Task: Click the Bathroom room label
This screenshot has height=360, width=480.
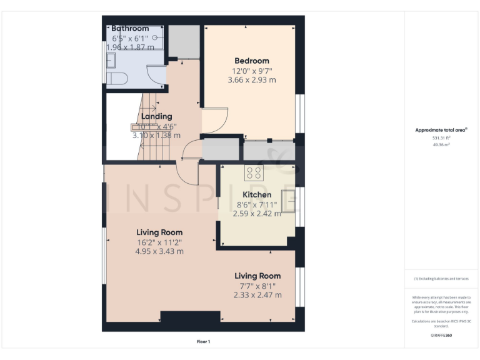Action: click(130, 28)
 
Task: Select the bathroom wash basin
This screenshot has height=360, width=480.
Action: click(111, 61)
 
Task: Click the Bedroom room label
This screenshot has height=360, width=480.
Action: click(252, 61)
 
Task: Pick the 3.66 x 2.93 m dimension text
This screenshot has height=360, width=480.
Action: click(252, 80)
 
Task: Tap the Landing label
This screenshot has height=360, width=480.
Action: click(156, 116)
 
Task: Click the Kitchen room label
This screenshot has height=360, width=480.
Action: click(257, 194)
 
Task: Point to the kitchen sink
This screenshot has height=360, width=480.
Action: click(289, 201)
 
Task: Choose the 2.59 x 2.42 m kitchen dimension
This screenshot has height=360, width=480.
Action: click(257, 213)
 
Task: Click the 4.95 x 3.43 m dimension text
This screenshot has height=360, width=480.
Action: click(159, 251)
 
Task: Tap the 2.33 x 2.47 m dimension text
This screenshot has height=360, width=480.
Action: click(257, 295)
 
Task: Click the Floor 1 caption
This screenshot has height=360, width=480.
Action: click(203, 341)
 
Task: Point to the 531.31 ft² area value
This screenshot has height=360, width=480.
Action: click(441, 137)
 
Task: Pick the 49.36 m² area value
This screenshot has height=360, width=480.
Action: click(441, 144)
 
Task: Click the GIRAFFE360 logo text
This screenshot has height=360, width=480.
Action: click(441, 336)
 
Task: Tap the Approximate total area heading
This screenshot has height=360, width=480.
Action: click(441, 130)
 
